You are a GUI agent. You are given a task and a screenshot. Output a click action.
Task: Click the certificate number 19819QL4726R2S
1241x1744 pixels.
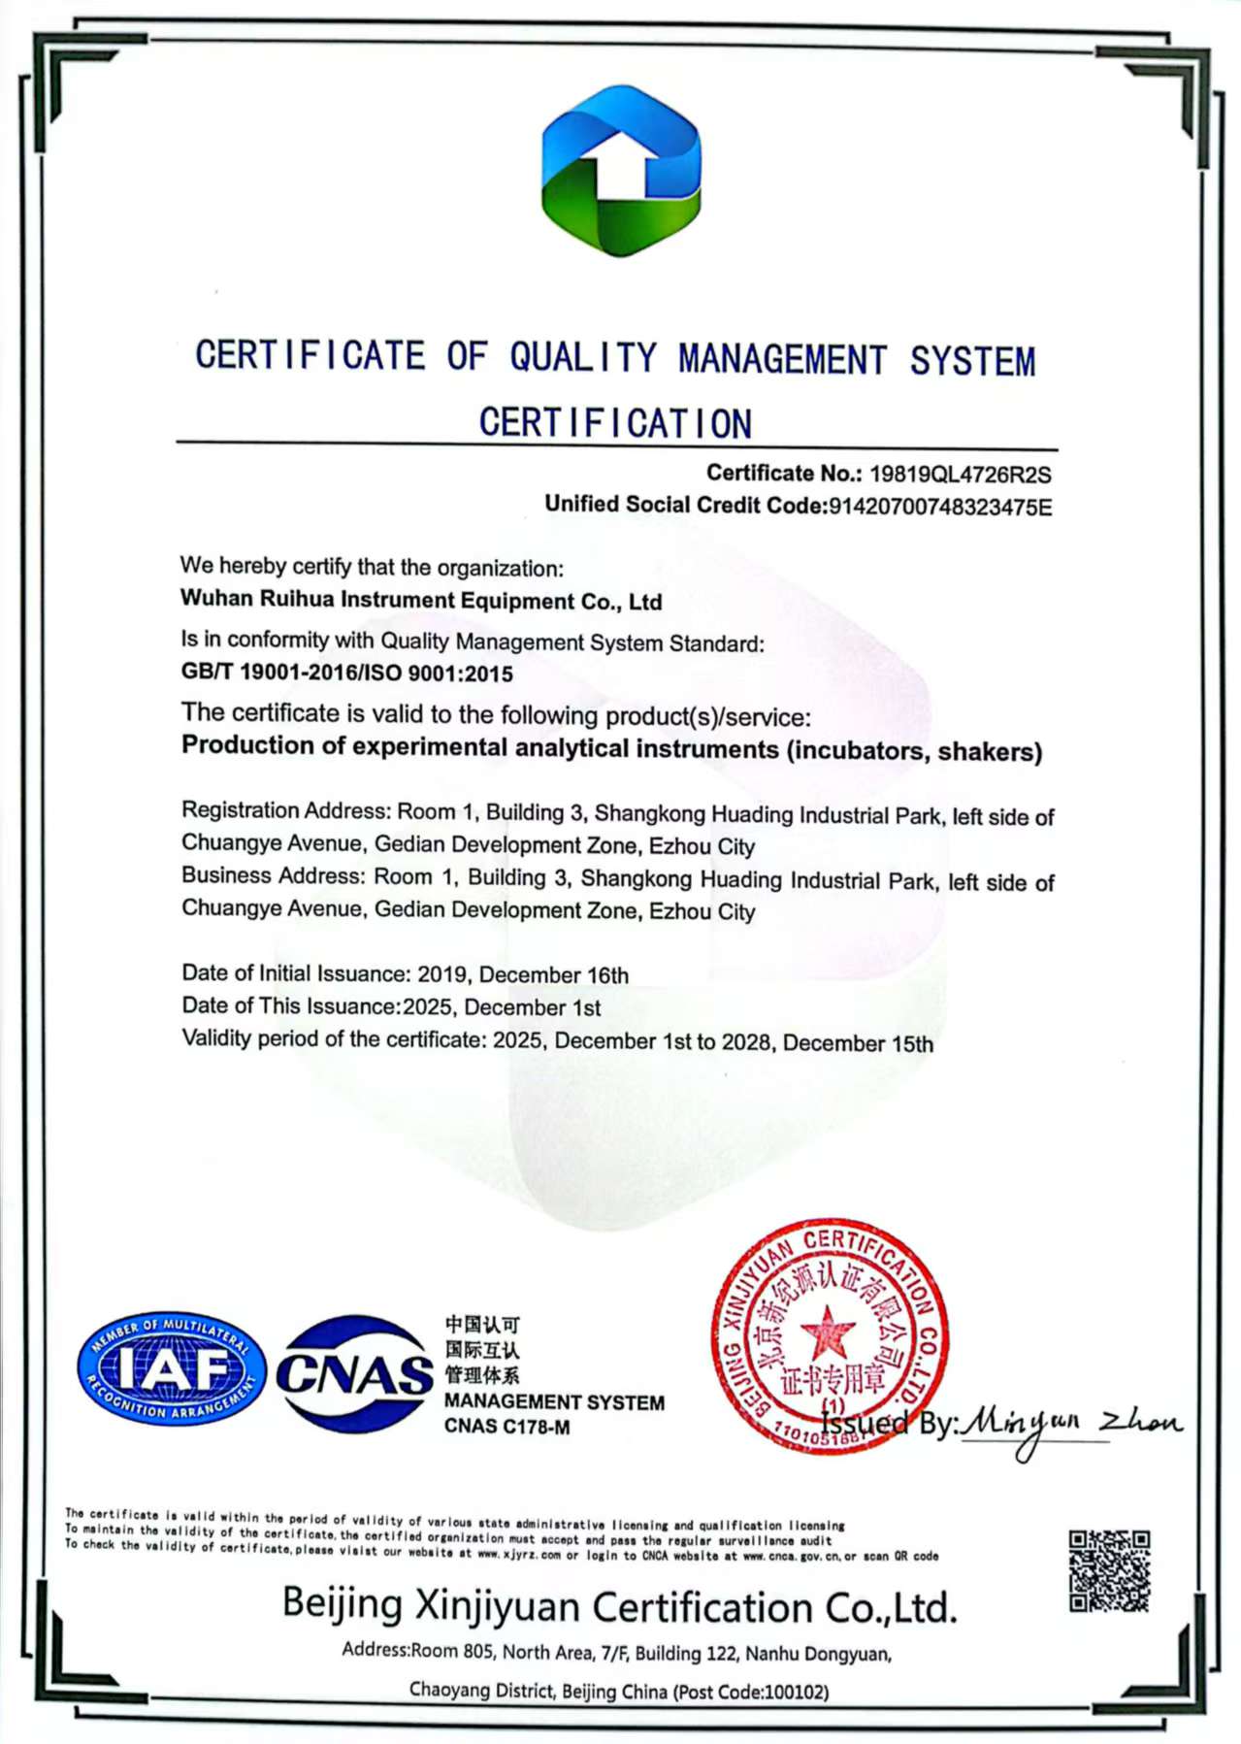(960, 475)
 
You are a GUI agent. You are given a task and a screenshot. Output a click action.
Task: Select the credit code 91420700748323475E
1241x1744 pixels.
(938, 507)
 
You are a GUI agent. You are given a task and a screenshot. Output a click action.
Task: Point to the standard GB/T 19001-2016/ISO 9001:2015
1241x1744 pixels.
(346, 673)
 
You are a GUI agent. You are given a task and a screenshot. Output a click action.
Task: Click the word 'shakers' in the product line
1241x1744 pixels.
(989, 752)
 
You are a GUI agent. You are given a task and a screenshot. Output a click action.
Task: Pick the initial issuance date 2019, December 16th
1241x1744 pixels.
(522, 974)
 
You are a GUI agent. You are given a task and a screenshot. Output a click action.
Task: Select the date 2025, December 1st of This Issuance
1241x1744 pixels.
(501, 1007)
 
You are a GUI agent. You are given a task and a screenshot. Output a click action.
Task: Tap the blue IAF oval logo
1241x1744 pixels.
(171, 1368)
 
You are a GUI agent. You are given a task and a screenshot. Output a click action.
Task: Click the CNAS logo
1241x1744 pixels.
(355, 1373)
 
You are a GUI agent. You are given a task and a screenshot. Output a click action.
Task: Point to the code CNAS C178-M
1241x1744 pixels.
(506, 1427)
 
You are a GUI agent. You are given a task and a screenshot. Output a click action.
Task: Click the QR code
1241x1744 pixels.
(1109, 1571)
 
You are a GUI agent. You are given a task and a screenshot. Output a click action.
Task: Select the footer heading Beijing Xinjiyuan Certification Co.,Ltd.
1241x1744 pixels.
(619, 1607)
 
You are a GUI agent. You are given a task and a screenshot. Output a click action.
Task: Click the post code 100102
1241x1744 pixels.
(796, 1693)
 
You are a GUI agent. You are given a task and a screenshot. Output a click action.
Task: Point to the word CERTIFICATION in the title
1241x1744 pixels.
(615, 423)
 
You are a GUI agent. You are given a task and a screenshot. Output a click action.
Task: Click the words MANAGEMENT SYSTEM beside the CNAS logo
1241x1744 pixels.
(554, 1402)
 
